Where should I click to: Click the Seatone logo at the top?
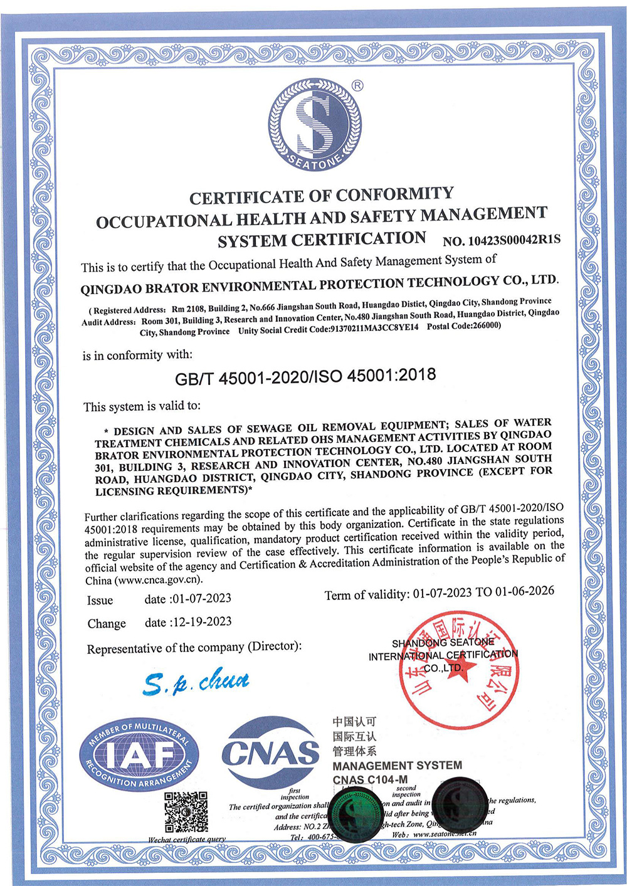pos(315,124)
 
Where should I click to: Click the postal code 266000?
pos(485,326)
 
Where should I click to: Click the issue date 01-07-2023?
pos(202,598)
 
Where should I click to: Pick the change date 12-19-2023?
pos(202,622)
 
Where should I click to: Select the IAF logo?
pos(139,755)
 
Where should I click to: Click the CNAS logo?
pos(270,753)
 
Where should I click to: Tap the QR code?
pos(186,812)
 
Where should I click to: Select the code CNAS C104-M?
pos(370,779)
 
